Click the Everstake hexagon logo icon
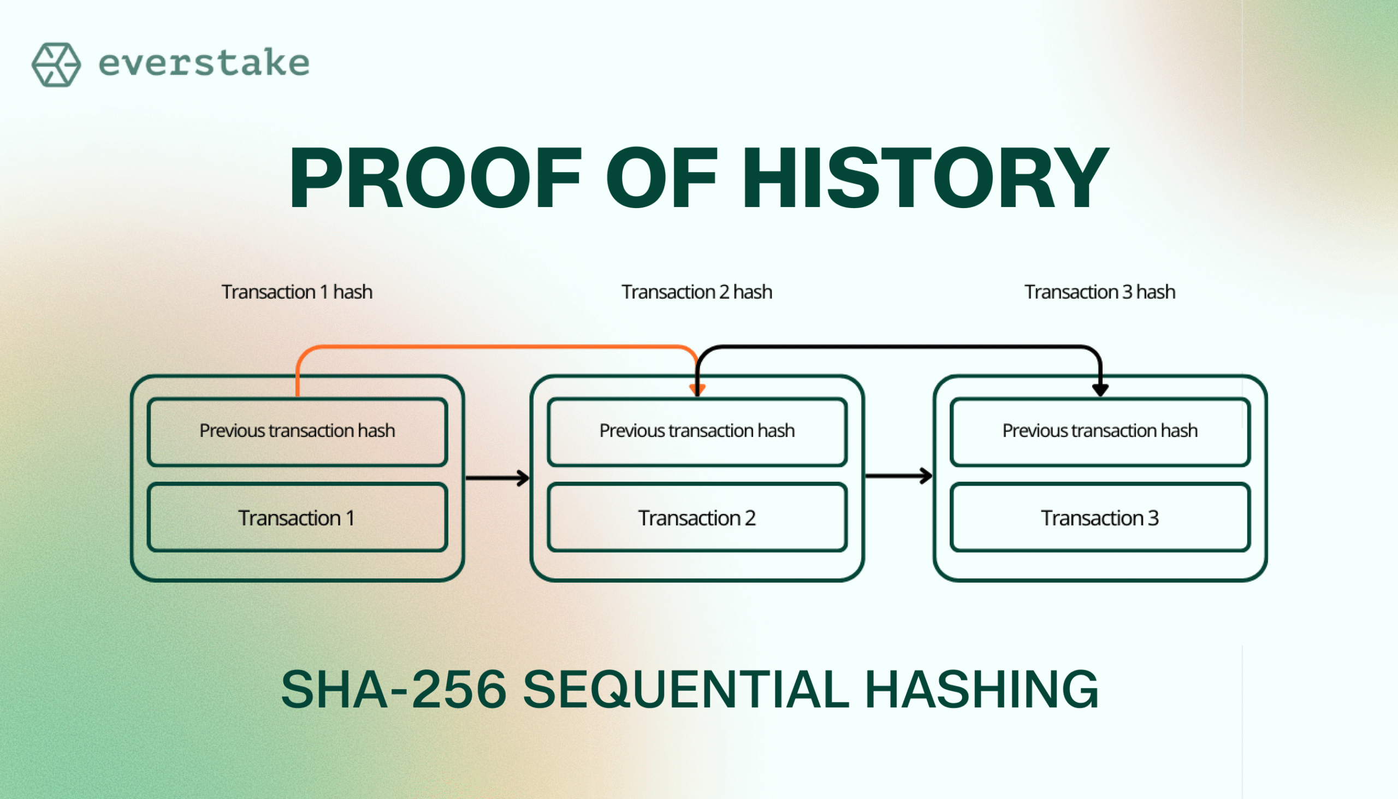(56, 65)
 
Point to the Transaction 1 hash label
(297, 292)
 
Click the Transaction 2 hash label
(697, 292)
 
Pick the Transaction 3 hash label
(1100, 292)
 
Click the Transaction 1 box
(298, 518)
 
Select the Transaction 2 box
(697, 518)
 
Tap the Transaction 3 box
(1100, 518)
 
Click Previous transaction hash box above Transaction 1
(298, 432)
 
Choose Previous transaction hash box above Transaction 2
(697, 432)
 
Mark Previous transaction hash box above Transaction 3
(1100, 432)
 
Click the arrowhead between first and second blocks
(523, 478)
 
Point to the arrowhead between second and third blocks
(926, 476)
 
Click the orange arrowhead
(697, 390)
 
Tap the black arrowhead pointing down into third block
(1100, 390)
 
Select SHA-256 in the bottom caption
(394, 689)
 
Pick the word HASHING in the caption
(982, 689)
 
